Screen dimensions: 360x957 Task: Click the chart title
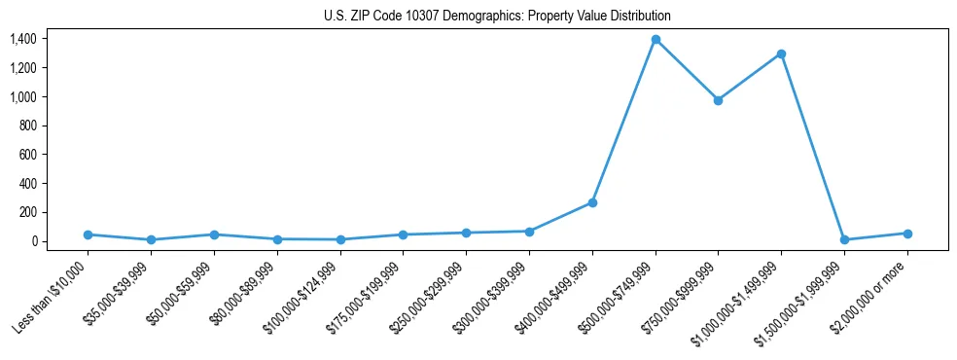pyautogui.click(x=497, y=17)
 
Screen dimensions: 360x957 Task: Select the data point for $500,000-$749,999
pyautogui.click(x=656, y=40)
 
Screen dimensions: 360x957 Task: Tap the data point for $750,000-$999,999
pyautogui.click(x=718, y=100)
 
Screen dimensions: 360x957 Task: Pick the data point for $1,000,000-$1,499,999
pyautogui.click(x=781, y=54)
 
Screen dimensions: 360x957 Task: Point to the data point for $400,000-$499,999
pyautogui.click(x=592, y=202)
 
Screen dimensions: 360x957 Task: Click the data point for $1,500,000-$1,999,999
pyautogui.click(x=844, y=239)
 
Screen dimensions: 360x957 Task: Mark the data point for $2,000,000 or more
pyautogui.click(x=907, y=234)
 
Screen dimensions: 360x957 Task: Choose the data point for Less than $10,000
pyautogui.click(x=89, y=234)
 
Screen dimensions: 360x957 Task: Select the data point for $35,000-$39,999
pyautogui.click(x=151, y=239)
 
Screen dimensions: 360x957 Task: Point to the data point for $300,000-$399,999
pyautogui.click(x=529, y=232)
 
